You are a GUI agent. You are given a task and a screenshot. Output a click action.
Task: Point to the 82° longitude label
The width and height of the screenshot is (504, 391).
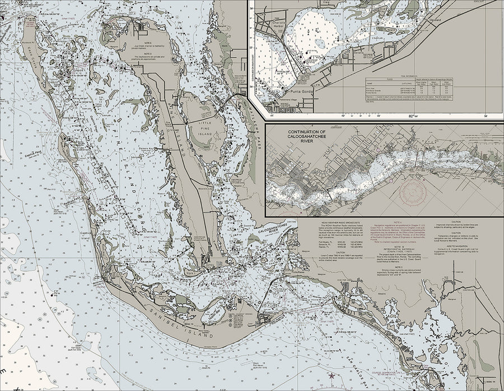(x=414, y=116)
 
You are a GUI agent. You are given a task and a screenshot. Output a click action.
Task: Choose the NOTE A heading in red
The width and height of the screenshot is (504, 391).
(x=395, y=222)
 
